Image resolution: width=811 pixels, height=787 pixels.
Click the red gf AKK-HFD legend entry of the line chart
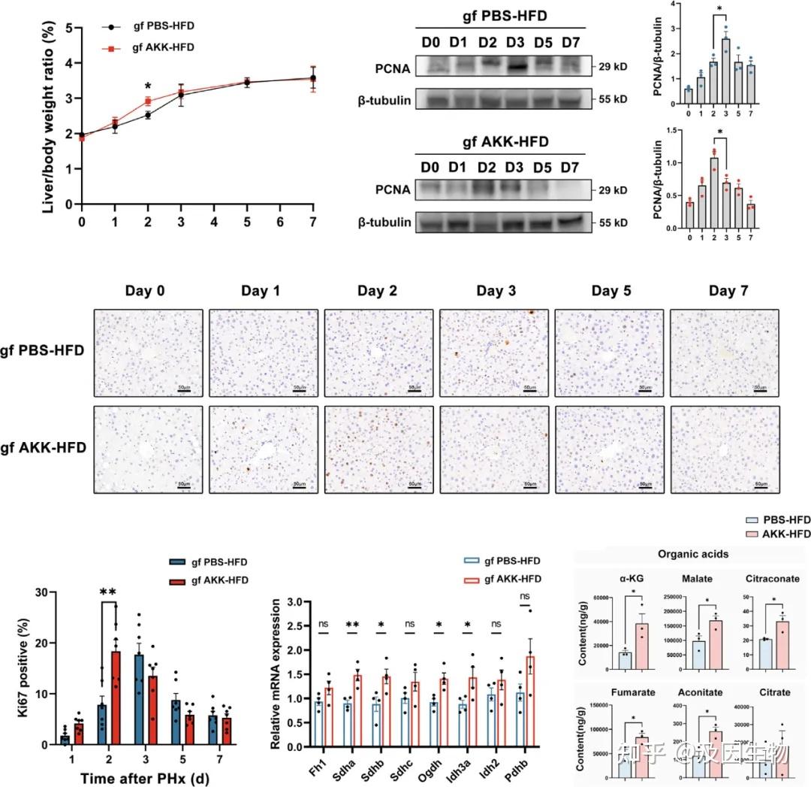[162, 47]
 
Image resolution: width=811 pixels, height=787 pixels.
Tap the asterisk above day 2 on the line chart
[148, 86]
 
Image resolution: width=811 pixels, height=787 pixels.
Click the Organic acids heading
[692, 555]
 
